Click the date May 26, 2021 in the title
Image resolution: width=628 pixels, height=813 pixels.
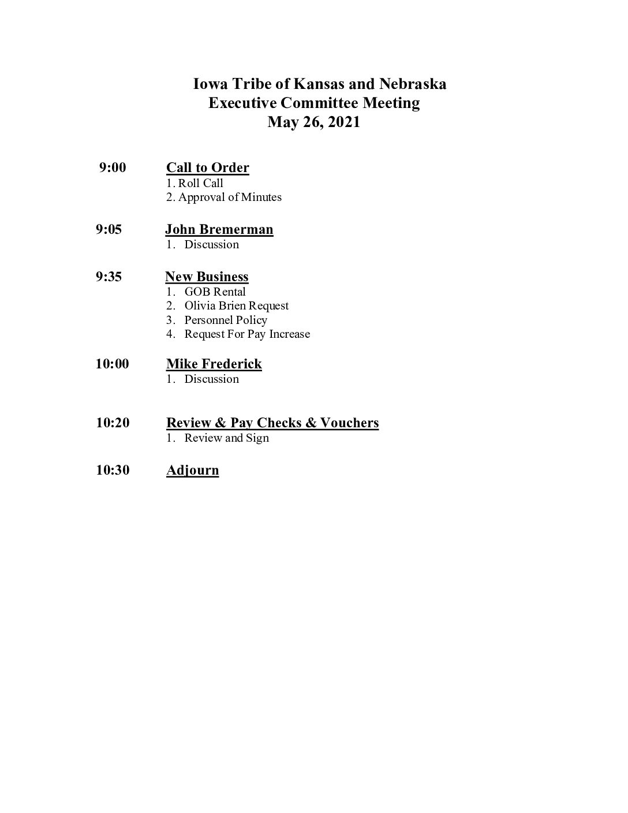pos(313,122)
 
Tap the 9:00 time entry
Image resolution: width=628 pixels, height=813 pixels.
pos(113,168)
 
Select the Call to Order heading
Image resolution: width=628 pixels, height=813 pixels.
pos(207,168)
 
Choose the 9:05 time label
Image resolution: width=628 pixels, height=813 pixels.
pos(109,229)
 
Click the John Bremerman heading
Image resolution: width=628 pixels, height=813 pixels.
pos(219,229)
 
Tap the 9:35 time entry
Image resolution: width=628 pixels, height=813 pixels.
pos(109,277)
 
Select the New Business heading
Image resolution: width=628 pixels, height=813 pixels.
pos(207,277)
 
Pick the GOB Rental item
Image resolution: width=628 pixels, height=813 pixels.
pos(215,292)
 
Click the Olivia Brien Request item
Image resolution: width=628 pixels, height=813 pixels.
pos(236,306)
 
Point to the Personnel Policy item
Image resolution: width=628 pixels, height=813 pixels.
pos(226,320)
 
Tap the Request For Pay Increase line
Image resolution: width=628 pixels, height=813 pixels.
pos(247,334)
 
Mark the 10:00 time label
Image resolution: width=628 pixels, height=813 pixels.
pos(113,364)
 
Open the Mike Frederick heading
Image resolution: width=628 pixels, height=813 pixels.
pos(214,364)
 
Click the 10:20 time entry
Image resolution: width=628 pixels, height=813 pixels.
pos(113,423)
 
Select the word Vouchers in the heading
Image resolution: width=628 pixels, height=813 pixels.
pos(349,423)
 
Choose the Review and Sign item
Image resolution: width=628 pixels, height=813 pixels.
pos(226,438)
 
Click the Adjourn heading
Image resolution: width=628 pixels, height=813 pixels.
pos(192,470)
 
